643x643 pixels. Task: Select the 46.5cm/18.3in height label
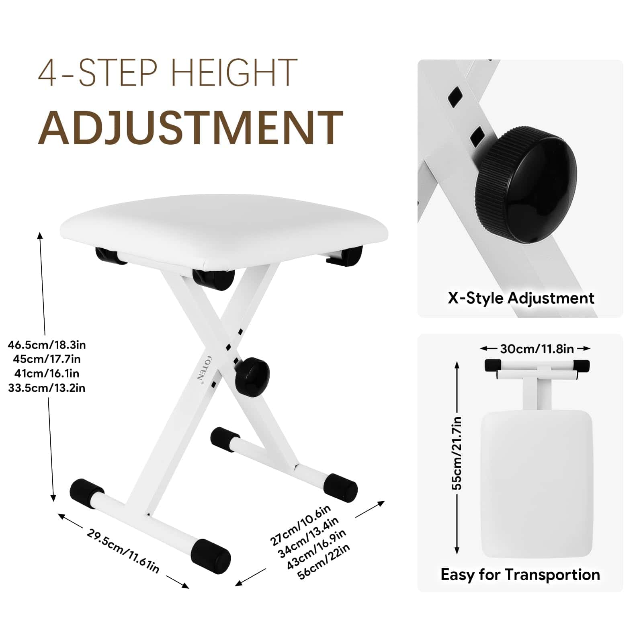pos(47,345)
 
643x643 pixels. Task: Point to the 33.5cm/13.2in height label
pos(47,388)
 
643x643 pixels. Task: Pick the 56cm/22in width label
pos(324,561)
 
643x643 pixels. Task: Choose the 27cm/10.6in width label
pos(300,525)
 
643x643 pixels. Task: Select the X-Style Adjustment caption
pos(521,298)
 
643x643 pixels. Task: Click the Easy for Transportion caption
pos(520,575)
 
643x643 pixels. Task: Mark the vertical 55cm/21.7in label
pos(457,453)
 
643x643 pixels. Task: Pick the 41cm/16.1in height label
pos(47,374)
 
